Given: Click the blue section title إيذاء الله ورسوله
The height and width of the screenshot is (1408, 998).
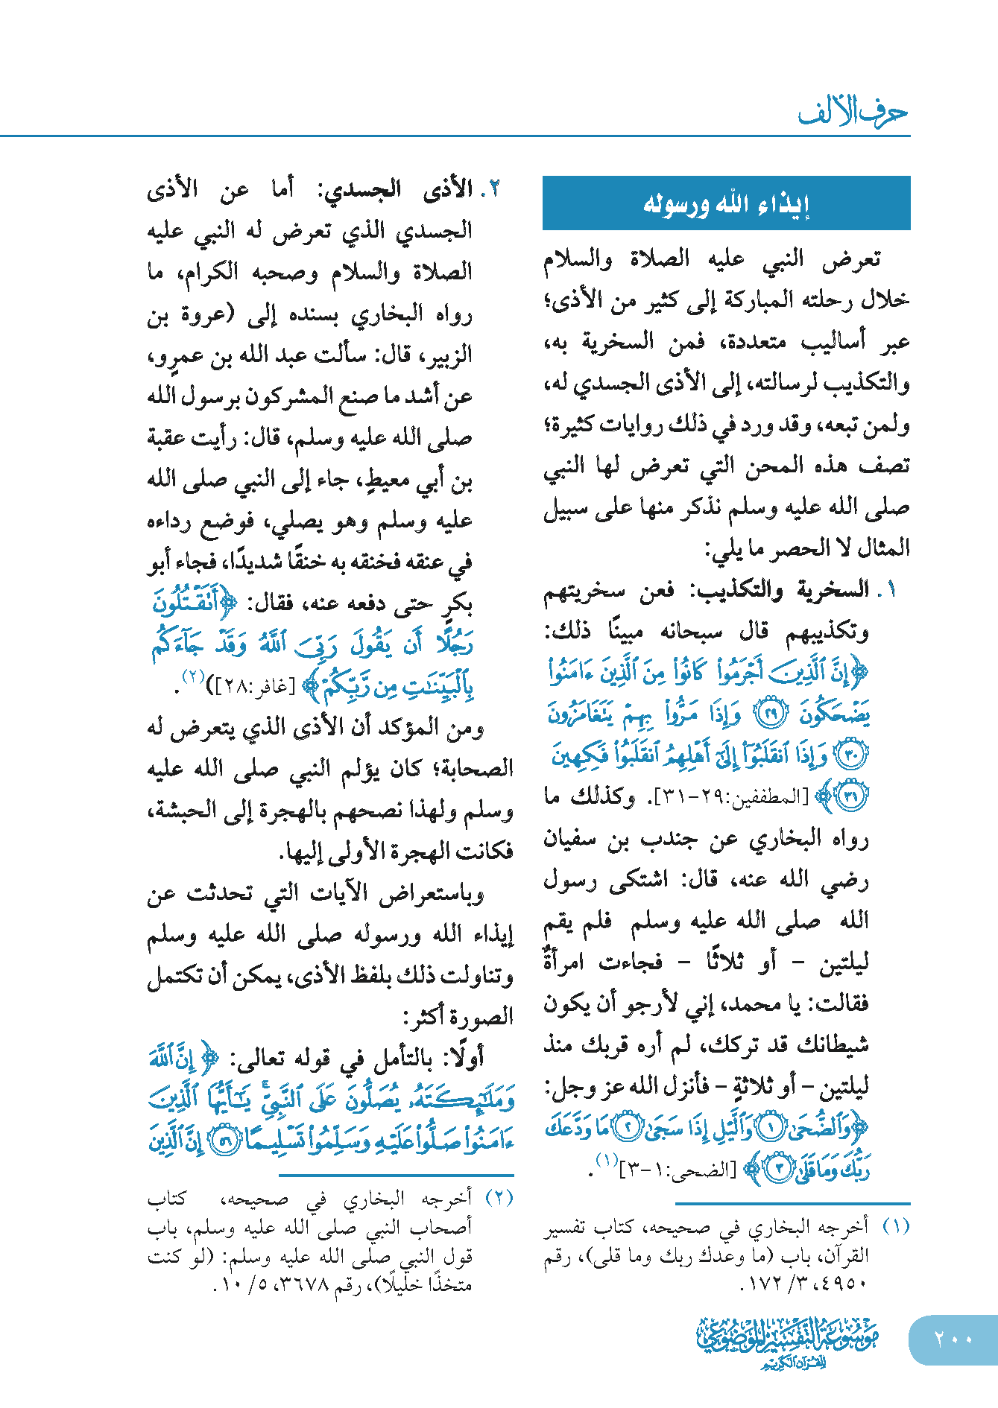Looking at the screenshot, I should coord(726,203).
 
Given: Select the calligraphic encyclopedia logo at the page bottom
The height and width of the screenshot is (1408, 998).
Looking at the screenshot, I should coord(787,1342).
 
